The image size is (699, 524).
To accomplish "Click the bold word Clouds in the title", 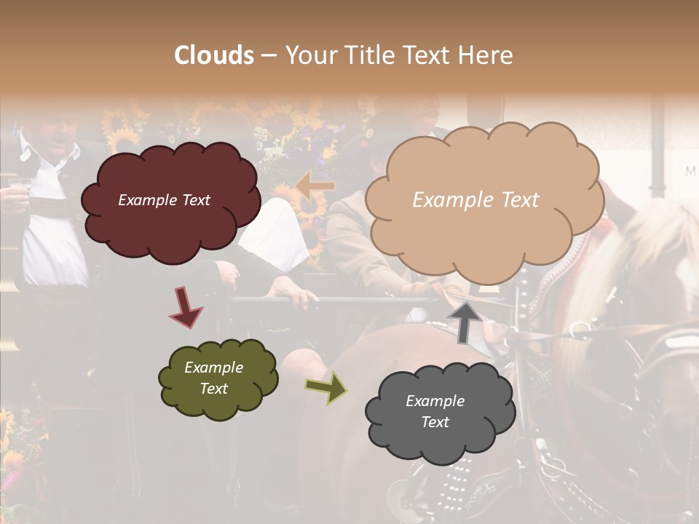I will (x=214, y=55).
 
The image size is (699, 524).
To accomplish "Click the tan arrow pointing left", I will (x=315, y=186).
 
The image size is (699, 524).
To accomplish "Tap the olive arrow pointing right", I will (x=326, y=387).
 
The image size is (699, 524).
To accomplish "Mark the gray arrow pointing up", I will (x=465, y=322).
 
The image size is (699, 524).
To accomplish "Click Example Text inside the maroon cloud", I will (x=164, y=200).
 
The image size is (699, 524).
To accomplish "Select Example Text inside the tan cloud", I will (x=475, y=200).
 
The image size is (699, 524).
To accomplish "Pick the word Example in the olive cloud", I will (x=213, y=368).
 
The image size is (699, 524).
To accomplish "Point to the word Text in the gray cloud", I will (x=435, y=422).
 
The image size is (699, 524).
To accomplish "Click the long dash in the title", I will (x=268, y=55).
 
